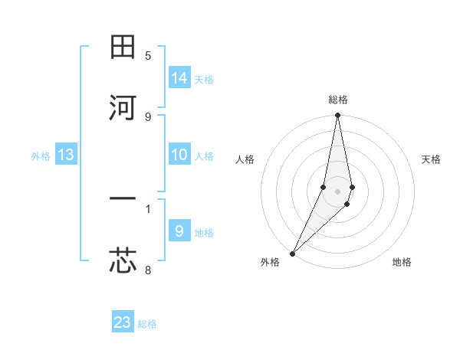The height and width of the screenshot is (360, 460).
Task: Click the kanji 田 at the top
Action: click(123, 47)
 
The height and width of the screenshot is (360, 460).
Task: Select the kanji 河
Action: click(123, 108)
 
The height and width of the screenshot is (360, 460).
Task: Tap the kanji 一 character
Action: click(123, 200)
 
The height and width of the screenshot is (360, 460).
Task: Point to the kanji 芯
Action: click(123, 261)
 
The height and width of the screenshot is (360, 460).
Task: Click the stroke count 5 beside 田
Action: click(148, 55)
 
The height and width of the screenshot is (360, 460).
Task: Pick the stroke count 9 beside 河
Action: click(148, 116)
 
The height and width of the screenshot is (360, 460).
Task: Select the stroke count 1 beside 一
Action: click(148, 208)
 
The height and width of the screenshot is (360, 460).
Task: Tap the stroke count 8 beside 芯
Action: click(148, 270)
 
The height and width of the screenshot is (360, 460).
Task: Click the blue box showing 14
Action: click(179, 77)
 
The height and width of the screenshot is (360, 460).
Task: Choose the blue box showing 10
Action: click(179, 155)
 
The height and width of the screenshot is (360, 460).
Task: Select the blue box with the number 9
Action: click(179, 231)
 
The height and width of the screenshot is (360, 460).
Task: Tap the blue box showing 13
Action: click(66, 155)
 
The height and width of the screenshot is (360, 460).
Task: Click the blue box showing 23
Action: click(123, 322)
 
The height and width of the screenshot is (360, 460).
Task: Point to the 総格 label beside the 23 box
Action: click(147, 324)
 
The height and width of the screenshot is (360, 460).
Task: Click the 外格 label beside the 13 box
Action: click(41, 156)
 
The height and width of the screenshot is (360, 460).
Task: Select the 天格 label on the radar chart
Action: click(431, 159)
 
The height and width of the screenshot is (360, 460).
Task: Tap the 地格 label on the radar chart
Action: click(402, 262)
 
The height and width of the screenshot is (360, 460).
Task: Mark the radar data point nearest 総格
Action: click(337, 116)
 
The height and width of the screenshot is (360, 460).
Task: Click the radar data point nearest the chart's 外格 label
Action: click(292, 253)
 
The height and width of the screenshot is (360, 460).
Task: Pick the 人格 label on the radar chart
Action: click(245, 159)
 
